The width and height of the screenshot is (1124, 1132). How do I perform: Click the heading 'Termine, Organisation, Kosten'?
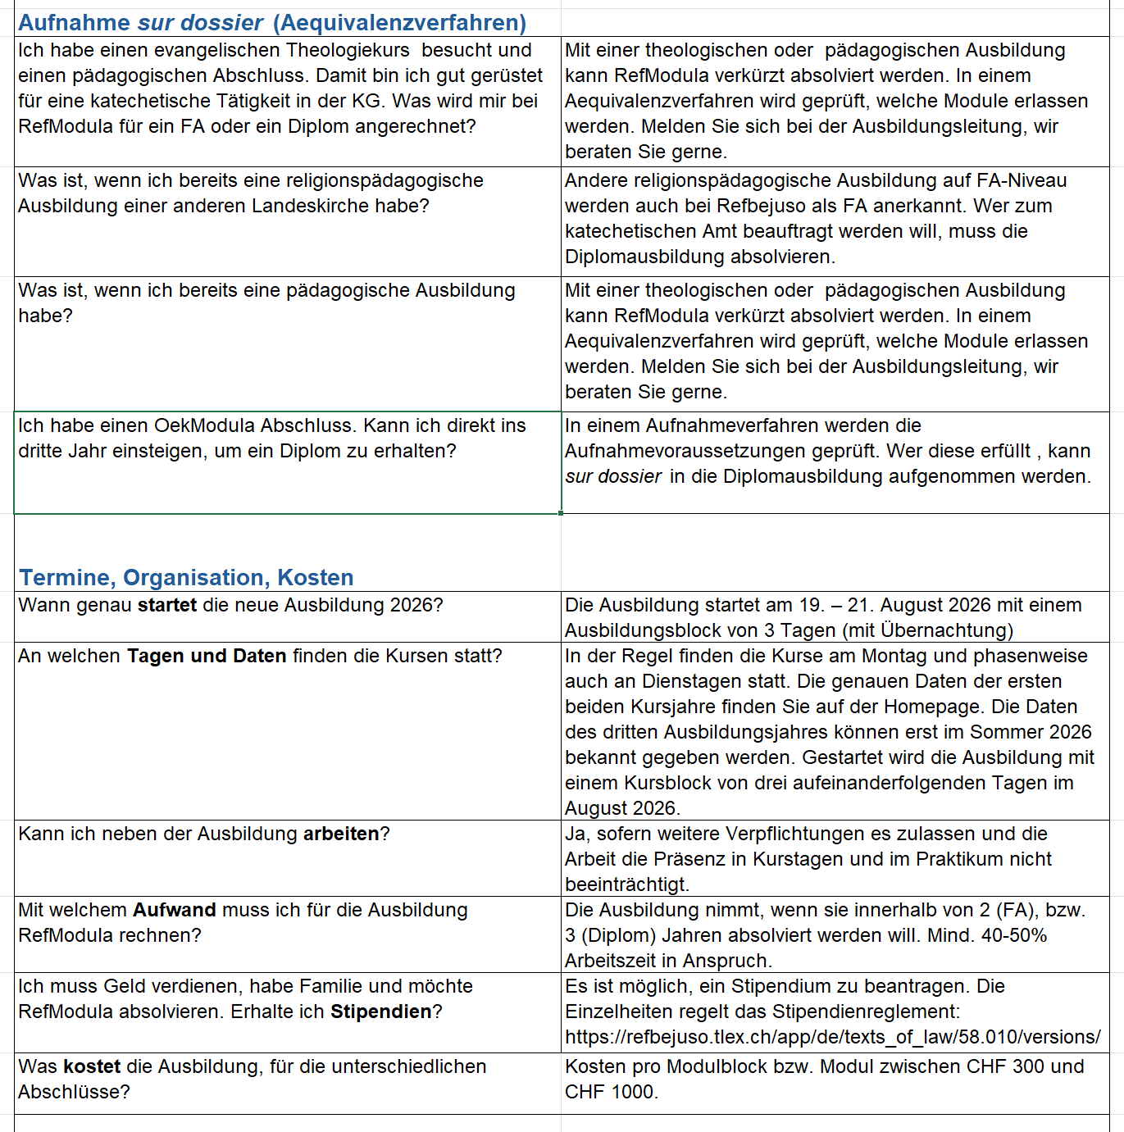186,578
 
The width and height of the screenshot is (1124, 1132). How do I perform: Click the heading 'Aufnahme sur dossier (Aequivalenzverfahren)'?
272,23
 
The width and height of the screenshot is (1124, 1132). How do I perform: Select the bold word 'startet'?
167,606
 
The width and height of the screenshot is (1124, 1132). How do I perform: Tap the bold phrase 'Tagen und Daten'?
207,657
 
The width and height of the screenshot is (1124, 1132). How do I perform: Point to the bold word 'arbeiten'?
341,834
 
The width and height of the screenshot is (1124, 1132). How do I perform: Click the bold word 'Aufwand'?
174,911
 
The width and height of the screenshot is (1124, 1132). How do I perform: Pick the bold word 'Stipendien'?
380,1012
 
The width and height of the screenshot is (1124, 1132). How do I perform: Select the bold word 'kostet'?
92,1067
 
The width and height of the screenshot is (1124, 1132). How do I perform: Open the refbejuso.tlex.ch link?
832,1038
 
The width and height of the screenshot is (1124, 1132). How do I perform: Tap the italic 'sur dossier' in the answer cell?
613,477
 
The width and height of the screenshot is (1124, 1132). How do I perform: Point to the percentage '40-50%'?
1014,936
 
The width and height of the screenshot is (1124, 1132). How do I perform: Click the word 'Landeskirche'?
310,207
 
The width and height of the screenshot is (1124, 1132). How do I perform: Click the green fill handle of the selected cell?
561,513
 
